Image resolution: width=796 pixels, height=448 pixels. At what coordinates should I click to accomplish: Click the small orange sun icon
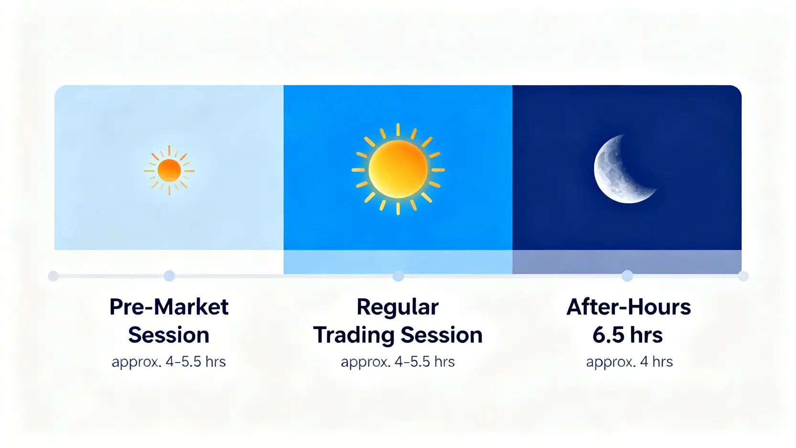point(169,170)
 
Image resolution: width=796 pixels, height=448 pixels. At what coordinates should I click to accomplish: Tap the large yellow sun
point(398,169)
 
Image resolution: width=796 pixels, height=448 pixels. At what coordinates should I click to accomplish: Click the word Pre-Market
point(169,307)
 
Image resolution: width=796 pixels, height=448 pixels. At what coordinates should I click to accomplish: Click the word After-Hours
point(628,307)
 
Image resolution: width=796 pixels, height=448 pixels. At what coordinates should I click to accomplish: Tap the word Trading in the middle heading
point(354,335)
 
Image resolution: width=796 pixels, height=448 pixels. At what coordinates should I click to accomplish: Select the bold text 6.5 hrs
point(627,335)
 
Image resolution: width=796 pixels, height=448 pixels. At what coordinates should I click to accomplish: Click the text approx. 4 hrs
point(629,362)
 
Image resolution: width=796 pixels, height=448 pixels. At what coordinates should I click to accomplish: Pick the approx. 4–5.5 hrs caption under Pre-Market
point(169,362)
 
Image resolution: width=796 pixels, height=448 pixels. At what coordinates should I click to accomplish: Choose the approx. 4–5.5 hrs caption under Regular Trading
point(398,362)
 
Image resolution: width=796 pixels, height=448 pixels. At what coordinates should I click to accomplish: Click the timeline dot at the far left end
point(54,276)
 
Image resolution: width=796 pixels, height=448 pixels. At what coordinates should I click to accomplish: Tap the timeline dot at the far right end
point(743,276)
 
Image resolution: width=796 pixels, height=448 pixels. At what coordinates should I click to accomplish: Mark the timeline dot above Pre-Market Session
point(169,276)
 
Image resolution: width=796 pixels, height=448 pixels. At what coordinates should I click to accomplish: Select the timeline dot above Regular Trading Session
point(398,276)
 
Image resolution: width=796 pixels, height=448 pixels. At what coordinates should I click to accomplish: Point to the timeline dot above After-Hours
point(627,276)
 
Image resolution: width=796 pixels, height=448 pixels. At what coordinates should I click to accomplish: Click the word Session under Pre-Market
point(169,335)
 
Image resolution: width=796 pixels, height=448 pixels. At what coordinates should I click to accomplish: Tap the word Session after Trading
point(441,335)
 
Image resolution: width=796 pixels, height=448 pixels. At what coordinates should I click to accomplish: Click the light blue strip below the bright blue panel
point(398,262)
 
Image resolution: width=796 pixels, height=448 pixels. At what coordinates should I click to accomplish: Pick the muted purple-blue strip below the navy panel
point(627,262)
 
